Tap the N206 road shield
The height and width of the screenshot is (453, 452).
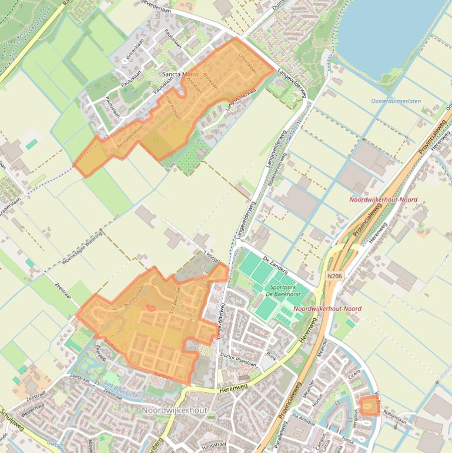click(x=334, y=275)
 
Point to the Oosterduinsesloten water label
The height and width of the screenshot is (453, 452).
click(x=396, y=101)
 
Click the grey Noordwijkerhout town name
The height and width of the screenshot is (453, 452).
click(x=175, y=409)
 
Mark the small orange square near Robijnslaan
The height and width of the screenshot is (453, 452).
click(x=368, y=406)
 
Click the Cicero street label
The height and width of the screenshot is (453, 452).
click(x=354, y=374)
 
